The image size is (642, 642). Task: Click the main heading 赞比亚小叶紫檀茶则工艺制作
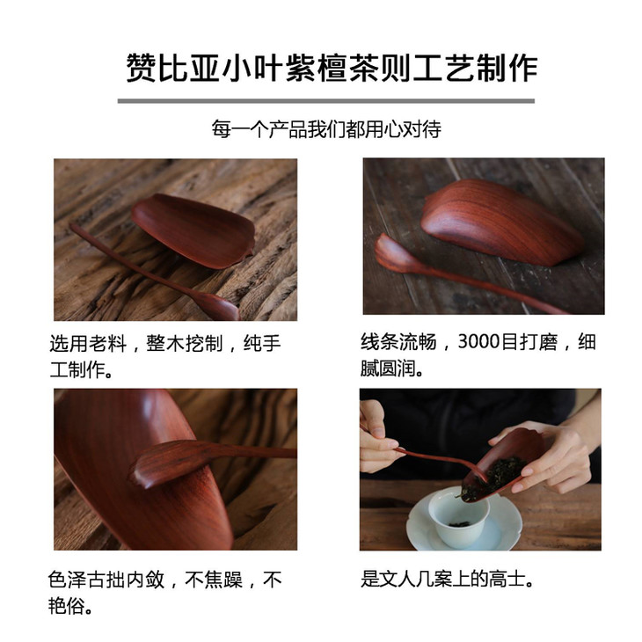click(331, 68)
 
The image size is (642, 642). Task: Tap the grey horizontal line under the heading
click(326, 101)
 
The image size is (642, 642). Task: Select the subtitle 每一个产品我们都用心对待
click(326, 129)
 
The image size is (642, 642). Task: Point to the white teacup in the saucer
click(458, 518)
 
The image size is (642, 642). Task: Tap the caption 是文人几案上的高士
click(447, 579)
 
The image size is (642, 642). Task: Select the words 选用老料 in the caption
click(88, 343)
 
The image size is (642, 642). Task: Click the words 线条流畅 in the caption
click(398, 341)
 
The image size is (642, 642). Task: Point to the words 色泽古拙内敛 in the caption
click(106, 580)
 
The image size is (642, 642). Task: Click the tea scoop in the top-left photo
click(193, 230)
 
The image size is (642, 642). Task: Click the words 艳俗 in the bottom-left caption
click(67, 606)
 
